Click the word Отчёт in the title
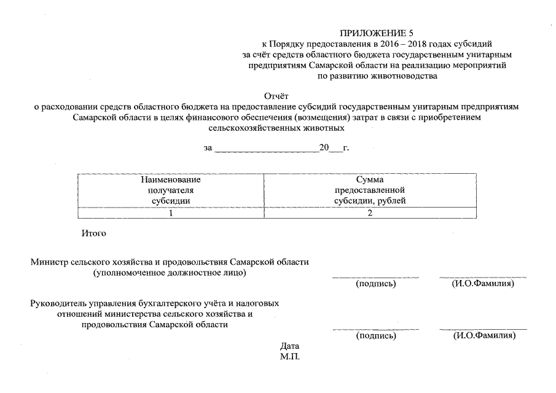pos(276,96)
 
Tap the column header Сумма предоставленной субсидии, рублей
pos(370,190)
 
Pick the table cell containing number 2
pos(370,213)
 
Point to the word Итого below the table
pos(93,234)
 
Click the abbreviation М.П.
pos(289,356)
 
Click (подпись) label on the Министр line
pos(376,284)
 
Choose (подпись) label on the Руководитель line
pos(376,336)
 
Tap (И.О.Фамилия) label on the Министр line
pos(483,284)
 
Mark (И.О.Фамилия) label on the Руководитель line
pos(484,336)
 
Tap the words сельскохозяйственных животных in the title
pos(276,129)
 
